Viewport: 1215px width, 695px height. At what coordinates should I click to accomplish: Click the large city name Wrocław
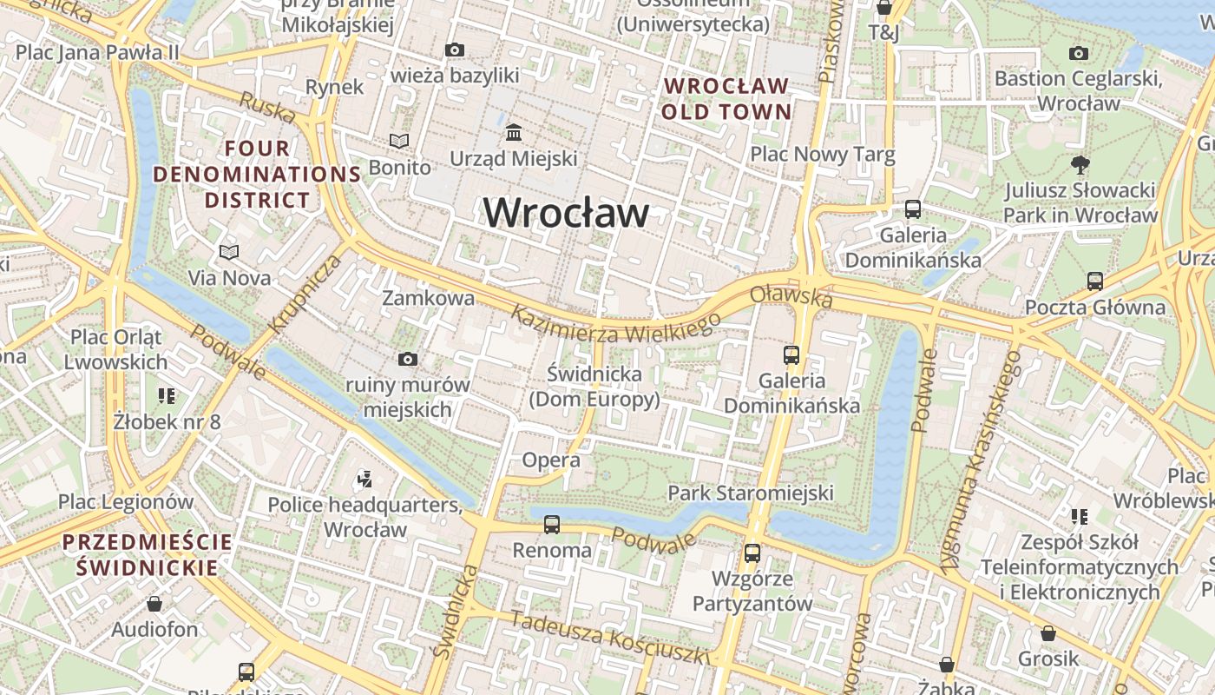click(566, 213)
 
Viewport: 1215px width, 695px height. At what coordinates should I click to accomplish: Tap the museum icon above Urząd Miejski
click(513, 133)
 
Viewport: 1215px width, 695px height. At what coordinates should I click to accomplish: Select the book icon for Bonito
click(398, 141)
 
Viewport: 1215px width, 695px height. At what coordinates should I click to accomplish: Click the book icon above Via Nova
click(229, 253)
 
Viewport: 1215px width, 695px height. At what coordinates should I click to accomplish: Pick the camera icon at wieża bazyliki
click(454, 50)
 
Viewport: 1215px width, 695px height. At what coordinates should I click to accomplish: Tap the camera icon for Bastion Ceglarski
click(1078, 54)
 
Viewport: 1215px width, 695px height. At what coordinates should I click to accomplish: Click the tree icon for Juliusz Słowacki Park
click(1080, 164)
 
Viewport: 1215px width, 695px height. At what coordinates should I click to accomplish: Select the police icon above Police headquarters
click(364, 478)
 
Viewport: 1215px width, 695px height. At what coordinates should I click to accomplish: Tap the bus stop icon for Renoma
click(551, 525)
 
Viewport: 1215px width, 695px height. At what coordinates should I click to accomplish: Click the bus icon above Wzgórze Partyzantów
click(752, 553)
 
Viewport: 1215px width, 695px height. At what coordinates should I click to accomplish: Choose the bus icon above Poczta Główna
click(1094, 281)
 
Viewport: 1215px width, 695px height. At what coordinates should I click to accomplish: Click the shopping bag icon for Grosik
click(1048, 633)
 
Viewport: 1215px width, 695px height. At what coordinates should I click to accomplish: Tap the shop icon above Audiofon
click(154, 603)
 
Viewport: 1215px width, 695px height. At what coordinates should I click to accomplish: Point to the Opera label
click(550, 460)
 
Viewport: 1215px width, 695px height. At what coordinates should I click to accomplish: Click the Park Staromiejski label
click(750, 493)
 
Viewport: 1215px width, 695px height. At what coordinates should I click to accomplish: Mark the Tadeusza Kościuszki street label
click(609, 638)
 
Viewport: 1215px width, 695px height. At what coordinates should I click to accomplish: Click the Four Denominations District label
click(257, 174)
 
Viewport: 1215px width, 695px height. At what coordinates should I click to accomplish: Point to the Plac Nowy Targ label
click(822, 155)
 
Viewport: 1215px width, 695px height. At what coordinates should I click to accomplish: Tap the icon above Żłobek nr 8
click(167, 396)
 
